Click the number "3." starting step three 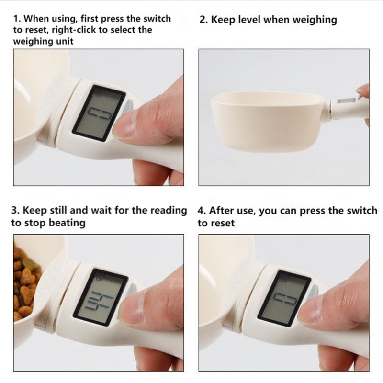point(15,211)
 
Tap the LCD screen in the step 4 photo point(284,299)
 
